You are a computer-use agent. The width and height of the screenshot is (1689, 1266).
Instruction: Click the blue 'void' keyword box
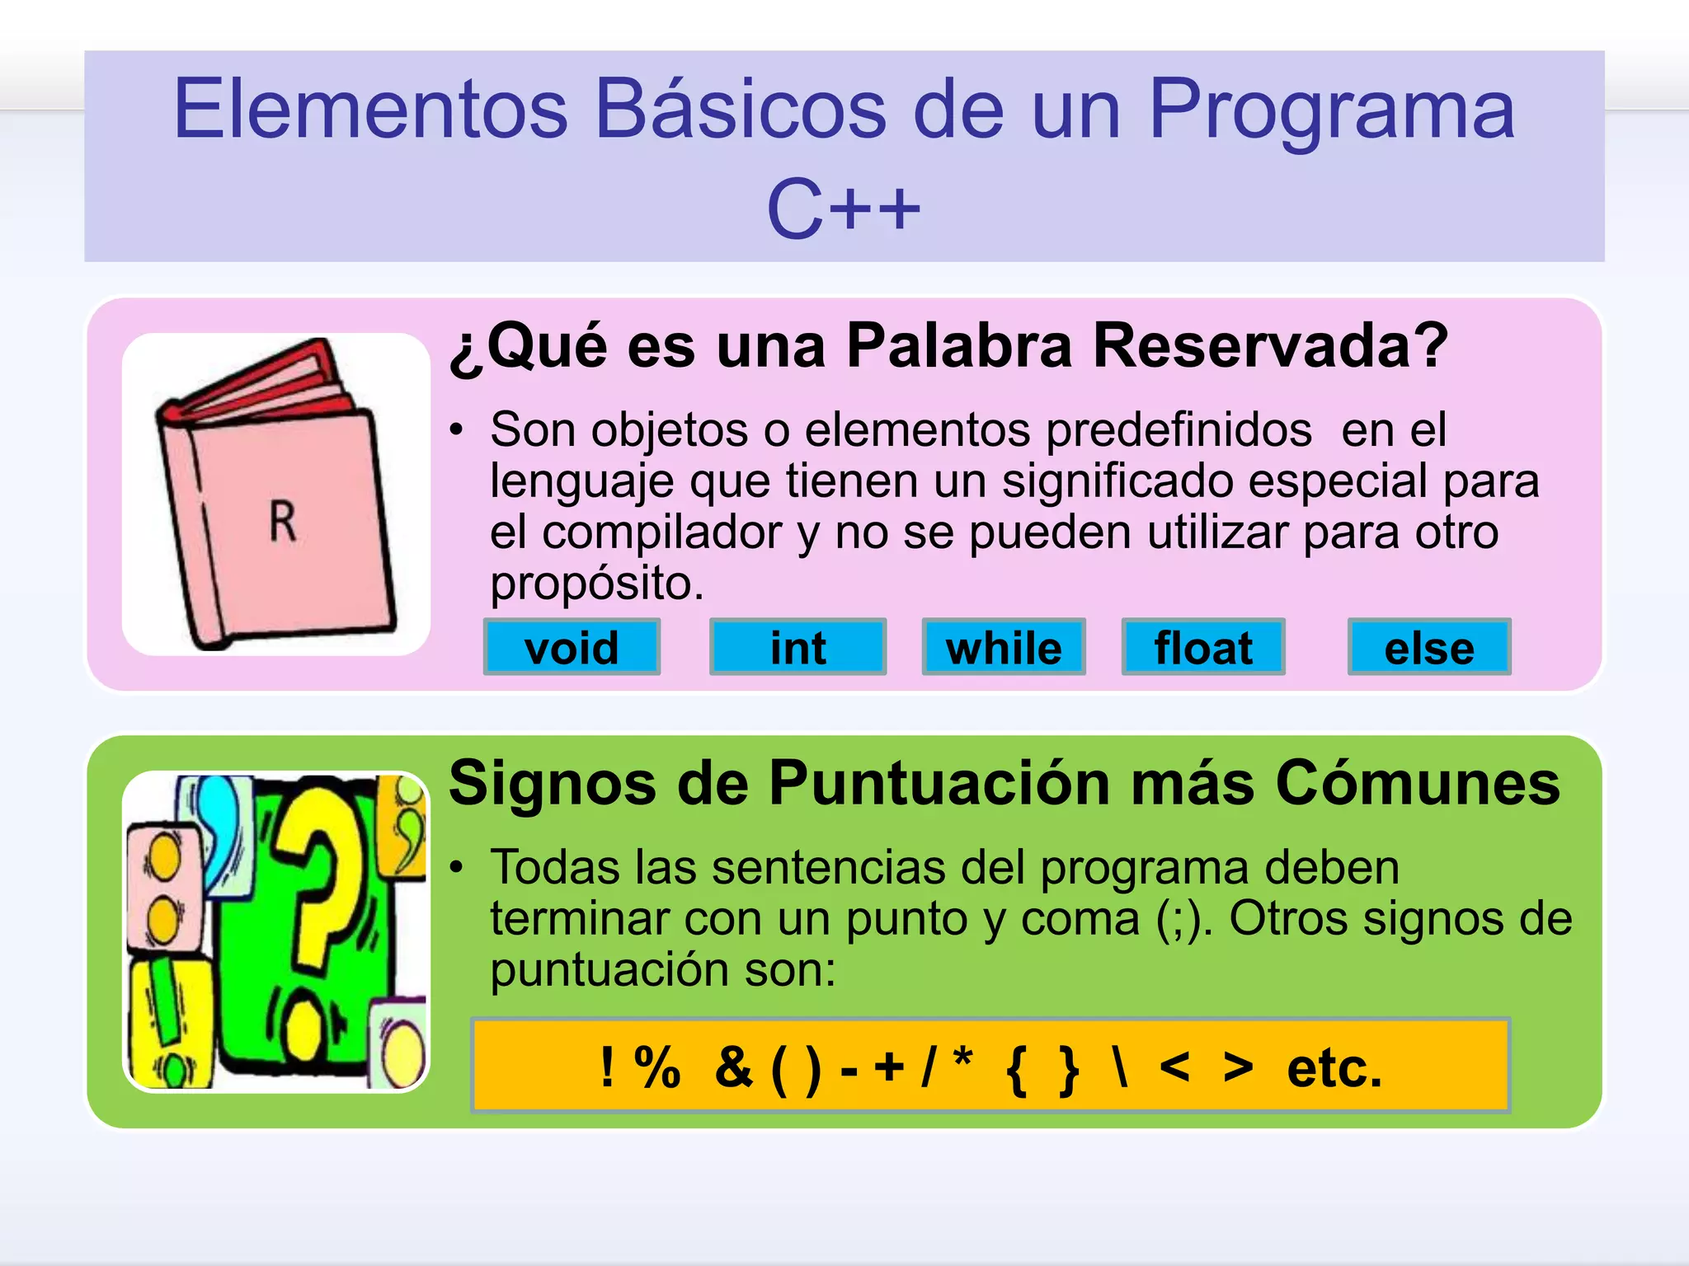572,647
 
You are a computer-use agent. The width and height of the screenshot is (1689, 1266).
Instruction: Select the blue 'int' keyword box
797,647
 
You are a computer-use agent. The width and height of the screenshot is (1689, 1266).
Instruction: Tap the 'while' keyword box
1003,647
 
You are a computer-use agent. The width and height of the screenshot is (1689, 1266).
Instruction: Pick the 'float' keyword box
1203,647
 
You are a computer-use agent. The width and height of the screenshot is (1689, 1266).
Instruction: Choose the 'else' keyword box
1429,647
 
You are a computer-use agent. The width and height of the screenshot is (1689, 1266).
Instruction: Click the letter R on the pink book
283,522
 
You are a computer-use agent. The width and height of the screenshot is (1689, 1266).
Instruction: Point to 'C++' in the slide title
843,209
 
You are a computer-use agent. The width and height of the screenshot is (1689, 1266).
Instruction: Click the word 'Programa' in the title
1331,109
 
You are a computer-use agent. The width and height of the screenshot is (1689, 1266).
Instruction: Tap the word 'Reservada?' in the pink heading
1270,345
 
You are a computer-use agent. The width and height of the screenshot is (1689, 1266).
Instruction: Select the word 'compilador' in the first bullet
662,532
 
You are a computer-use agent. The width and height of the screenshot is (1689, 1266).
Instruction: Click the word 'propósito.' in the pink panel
597,584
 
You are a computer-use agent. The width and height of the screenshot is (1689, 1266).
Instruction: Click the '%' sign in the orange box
657,1068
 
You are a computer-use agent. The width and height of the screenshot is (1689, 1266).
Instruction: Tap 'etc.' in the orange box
1334,1068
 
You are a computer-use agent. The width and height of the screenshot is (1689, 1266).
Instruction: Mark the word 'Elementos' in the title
370,109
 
